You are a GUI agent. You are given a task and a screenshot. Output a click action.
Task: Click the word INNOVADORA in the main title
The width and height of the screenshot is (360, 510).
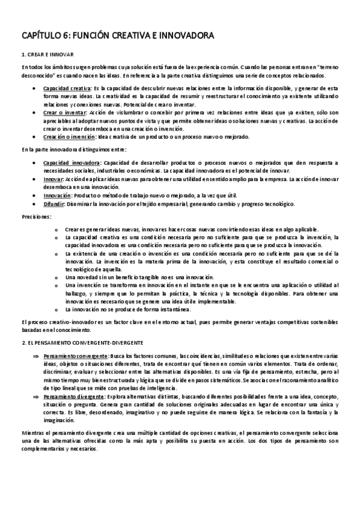(x=186, y=37)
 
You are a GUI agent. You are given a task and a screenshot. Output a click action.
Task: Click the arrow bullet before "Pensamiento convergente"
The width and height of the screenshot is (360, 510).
(x=35, y=355)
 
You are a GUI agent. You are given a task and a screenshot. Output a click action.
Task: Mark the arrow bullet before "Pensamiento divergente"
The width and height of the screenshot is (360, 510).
(x=35, y=397)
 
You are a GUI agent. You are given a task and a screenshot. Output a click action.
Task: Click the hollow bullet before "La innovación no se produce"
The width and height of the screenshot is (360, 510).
(x=56, y=310)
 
